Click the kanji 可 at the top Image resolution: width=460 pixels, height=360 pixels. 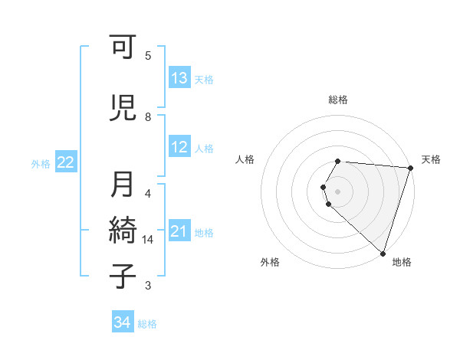click(123, 51)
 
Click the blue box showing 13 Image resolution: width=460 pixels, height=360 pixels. click(179, 78)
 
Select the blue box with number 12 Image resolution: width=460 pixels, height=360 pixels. click(179, 148)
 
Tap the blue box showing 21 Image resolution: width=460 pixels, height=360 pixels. click(179, 231)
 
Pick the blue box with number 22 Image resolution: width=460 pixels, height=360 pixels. click(66, 162)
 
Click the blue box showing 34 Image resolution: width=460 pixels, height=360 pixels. click(122, 322)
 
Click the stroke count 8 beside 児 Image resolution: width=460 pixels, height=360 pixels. click(148, 116)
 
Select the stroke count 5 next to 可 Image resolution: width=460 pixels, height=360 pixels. click(148, 56)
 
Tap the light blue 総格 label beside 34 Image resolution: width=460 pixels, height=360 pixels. click(147, 324)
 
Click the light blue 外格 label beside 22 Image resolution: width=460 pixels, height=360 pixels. click(41, 163)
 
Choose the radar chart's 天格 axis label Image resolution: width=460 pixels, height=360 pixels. click(431, 159)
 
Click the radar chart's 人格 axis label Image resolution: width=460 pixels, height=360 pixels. click(245, 159)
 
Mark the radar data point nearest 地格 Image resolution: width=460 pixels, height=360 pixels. click(383, 254)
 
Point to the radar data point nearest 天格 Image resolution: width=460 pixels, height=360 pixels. click(410, 168)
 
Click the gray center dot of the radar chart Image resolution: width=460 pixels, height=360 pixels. click(338, 191)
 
